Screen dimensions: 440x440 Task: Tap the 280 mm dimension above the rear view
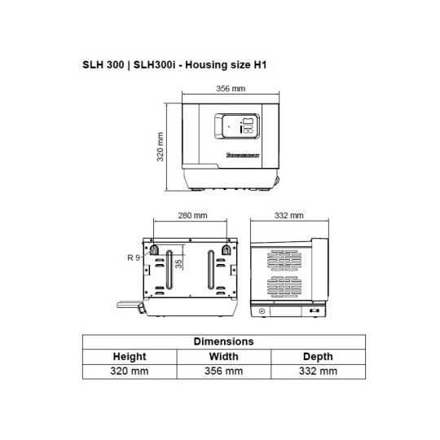pos(191,216)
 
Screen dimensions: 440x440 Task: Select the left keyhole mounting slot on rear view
pos(152,249)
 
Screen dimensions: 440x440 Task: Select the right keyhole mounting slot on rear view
pos(226,249)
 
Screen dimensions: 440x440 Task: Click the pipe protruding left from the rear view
pos(129,305)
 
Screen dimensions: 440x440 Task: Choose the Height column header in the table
pos(129,356)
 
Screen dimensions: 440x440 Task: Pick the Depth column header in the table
pos(318,356)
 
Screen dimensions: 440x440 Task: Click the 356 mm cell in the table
pos(223,371)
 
